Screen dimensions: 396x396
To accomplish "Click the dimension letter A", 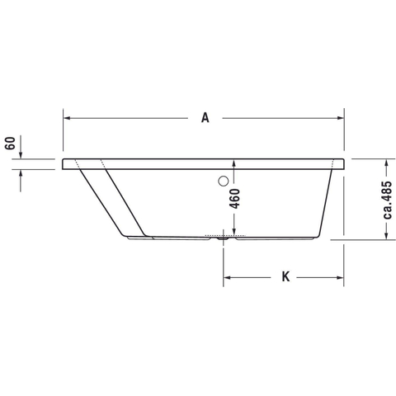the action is point(205,118).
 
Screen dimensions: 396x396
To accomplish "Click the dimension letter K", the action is point(285,276).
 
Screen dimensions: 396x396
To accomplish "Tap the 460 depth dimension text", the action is point(234,199).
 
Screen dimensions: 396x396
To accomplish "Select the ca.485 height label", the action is point(387,200).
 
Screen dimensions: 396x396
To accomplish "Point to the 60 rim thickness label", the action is point(10,143).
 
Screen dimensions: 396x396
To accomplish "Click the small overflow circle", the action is point(224,181).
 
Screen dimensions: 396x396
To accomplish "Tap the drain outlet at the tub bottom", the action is point(223,238).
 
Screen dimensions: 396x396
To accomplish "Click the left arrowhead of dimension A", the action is point(67,118).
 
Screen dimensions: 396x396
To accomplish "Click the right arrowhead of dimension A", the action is point(341,118).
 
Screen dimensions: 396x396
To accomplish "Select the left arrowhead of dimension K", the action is point(227,277).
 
